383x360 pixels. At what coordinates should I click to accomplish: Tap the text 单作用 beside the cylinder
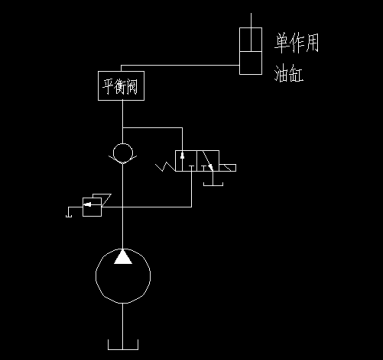pos(297,43)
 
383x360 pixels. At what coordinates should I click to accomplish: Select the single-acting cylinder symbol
pos(250,52)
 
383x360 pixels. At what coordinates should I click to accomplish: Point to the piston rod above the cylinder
pos(250,21)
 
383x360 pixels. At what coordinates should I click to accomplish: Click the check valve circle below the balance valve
pos(122,153)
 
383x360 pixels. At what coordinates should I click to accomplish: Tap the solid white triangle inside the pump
pos(122,257)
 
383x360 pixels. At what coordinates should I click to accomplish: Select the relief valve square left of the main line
pos(93,206)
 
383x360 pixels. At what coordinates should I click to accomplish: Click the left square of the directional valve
pos(186,161)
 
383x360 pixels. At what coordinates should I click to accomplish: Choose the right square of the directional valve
pos(208,161)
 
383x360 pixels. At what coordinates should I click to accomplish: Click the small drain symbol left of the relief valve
pos(69,211)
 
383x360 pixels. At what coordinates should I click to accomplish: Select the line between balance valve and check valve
pos(122,122)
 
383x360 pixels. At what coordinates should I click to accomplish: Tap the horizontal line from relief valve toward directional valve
pos(150,207)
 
